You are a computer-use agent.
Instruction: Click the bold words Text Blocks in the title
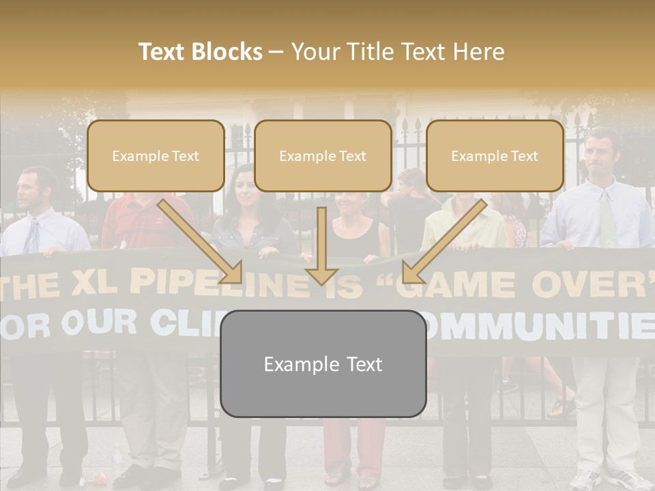pyautogui.click(x=201, y=52)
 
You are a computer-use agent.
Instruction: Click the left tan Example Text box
pyautogui.click(x=156, y=156)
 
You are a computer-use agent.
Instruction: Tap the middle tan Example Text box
pyautogui.click(x=323, y=156)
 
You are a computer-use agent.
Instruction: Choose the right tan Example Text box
pyautogui.click(x=495, y=156)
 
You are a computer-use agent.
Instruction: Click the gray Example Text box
pyautogui.click(x=323, y=364)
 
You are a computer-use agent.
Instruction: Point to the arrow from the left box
pyautogui.click(x=202, y=241)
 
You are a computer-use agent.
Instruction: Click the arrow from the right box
pyautogui.click(x=443, y=241)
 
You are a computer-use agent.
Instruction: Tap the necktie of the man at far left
pyautogui.click(x=31, y=235)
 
